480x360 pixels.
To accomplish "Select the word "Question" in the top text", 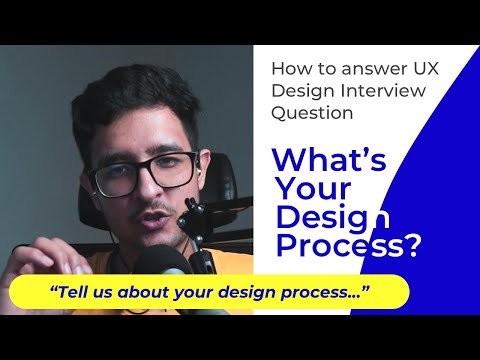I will tap(312, 113).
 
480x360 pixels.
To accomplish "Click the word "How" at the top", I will tap(291, 70).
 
